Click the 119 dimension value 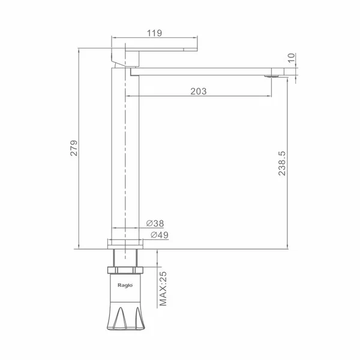tap(154, 33)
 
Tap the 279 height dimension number tap(74, 148)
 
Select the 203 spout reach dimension tap(199, 91)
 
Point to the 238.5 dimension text tap(282, 163)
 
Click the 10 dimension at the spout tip tap(291, 58)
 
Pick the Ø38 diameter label tap(155, 223)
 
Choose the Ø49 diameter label tap(160, 235)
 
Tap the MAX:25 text tap(163, 289)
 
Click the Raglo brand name tap(125, 285)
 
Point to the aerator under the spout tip tap(272, 76)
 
